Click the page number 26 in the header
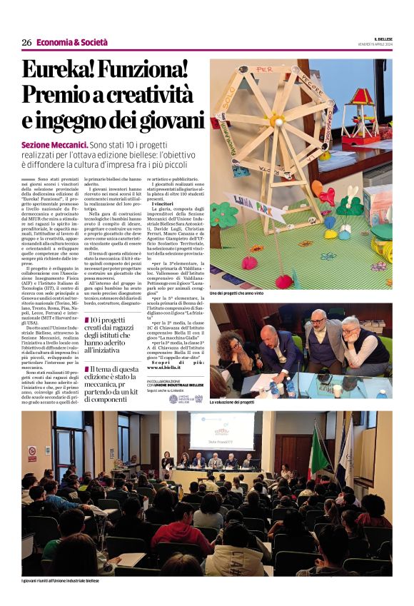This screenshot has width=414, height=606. click(x=26, y=42)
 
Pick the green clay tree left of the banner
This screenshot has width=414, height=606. click(x=227, y=212)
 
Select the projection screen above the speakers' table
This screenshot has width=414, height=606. click(x=221, y=431)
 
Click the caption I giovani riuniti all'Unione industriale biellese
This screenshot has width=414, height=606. click(x=61, y=581)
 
